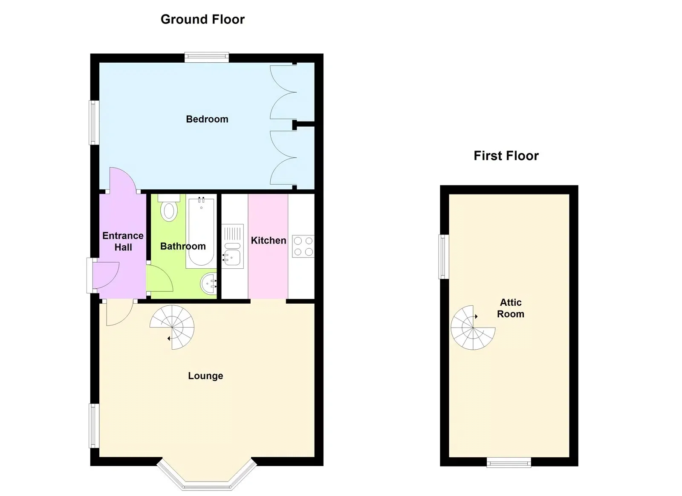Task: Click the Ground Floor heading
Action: click(x=202, y=20)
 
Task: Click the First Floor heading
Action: click(x=506, y=156)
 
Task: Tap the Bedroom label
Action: click(x=207, y=119)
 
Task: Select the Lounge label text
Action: click(x=205, y=376)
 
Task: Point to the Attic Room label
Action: click(x=511, y=308)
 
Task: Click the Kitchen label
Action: click(x=268, y=241)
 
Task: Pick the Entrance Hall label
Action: click(x=123, y=241)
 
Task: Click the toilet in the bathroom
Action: click(x=169, y=208)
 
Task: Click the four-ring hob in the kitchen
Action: click(x=303, y=246)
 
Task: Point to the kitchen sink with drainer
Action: click(x=233, y=246)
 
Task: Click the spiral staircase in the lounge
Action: click(x=172, y=327)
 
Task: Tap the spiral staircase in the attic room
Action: click(x=473, y=328)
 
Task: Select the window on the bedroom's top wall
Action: click(x=207, y=57)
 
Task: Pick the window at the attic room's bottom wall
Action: click(x=509, y=462)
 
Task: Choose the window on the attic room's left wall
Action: click(x=444, y=257)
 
